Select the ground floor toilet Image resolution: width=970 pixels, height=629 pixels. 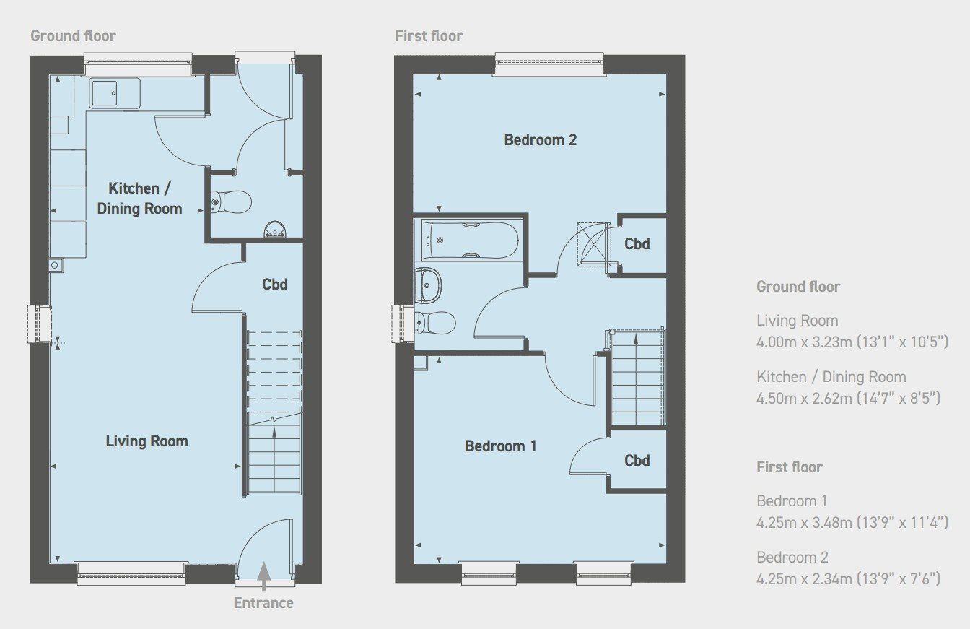(x=232, y=201)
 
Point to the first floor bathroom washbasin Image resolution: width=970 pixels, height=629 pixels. (x=429, y=285)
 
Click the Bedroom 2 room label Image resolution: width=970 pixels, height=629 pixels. (x=540, y=139)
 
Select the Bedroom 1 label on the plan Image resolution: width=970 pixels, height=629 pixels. (x=500, y=446)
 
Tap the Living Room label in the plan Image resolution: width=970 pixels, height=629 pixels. (x=147, y=441)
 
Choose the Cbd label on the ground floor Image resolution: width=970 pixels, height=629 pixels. (x=274, y=284)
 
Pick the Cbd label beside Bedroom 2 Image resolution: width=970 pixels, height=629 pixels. (x=637, y=243)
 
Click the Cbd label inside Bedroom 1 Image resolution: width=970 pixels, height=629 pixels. (x=637, y=460)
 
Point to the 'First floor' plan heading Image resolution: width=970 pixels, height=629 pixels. (x=429, y=36)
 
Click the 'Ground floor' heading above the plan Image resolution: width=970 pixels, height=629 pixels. (x=73, y=36)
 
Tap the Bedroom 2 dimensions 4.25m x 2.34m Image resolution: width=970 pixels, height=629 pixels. (x=848, y=578)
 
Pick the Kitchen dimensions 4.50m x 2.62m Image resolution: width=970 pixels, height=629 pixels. (x=848, y=397)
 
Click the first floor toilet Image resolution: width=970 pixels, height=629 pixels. (x=436, y=323)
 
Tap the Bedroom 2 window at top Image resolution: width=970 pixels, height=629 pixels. (x=549, y=65)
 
